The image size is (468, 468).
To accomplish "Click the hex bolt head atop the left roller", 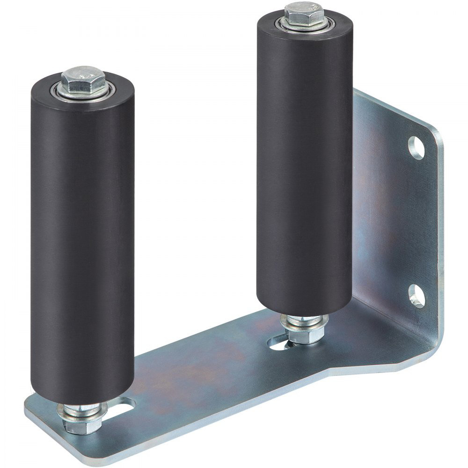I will coord(83,79).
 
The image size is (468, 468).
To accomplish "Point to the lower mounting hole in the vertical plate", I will coord(416,296).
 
